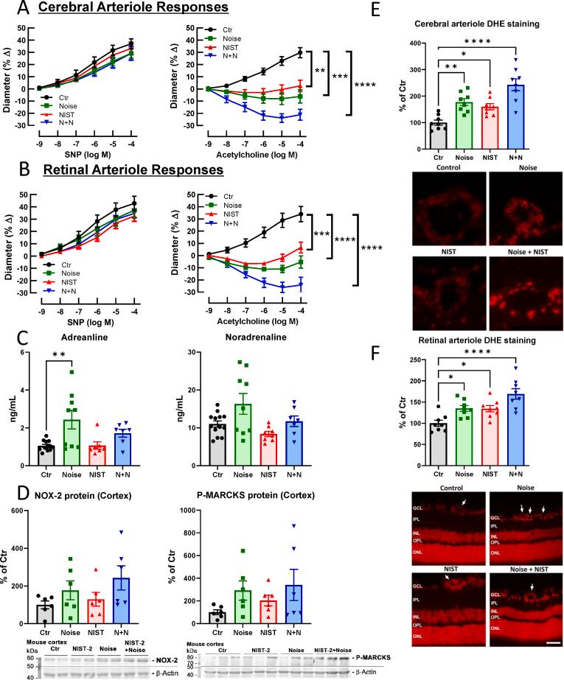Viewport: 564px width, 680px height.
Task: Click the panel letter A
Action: tap(10, 10)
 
